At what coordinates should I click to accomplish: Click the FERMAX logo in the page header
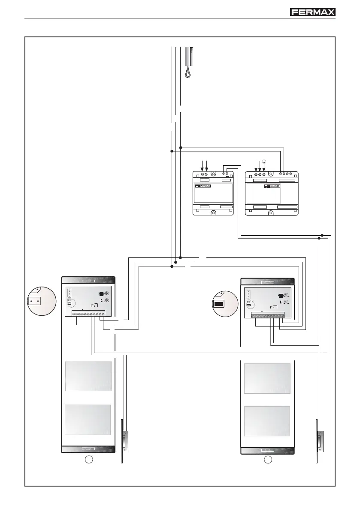tap(313, 12)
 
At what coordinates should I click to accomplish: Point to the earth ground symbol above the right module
tap(264, 161)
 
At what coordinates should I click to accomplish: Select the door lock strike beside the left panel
tap(125, 441)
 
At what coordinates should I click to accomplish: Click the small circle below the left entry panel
tap(89, 460)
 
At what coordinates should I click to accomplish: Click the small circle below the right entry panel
tap(268, 460)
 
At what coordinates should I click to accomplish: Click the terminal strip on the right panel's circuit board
tap(268, 317)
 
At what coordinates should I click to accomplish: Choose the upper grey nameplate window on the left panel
tap(88, 376)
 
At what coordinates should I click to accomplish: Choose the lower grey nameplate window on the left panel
tap(88, 419)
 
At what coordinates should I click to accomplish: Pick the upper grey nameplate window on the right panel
tap(267, 378)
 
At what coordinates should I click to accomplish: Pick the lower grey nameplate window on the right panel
tap(267, 422)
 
